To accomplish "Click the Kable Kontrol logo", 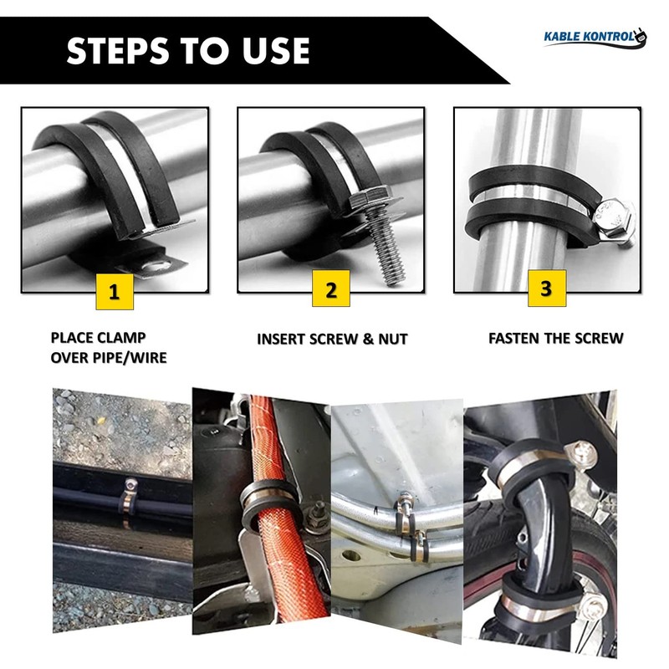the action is [x=595, y=37].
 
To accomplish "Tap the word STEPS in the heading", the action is [x=118, y=51].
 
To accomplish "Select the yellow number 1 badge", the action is [x=115, y=292].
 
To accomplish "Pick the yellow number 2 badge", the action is [x=331, y=289].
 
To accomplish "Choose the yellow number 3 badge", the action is [x=547, y=289].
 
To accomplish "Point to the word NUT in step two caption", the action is [x=393, y=340].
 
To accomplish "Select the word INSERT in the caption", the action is [x=281, y=340].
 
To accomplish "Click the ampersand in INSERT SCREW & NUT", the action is [x=368, y=340].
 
